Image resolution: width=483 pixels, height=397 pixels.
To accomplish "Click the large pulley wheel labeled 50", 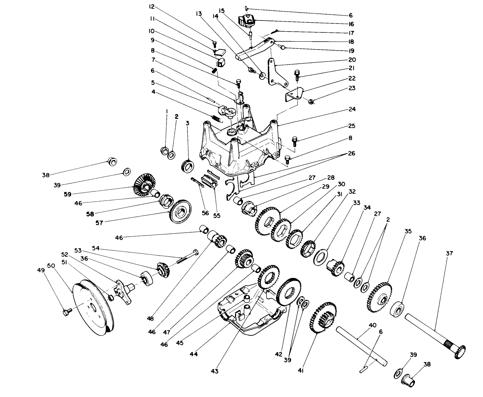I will [91, 309].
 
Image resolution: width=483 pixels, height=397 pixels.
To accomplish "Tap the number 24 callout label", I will [352, 109].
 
